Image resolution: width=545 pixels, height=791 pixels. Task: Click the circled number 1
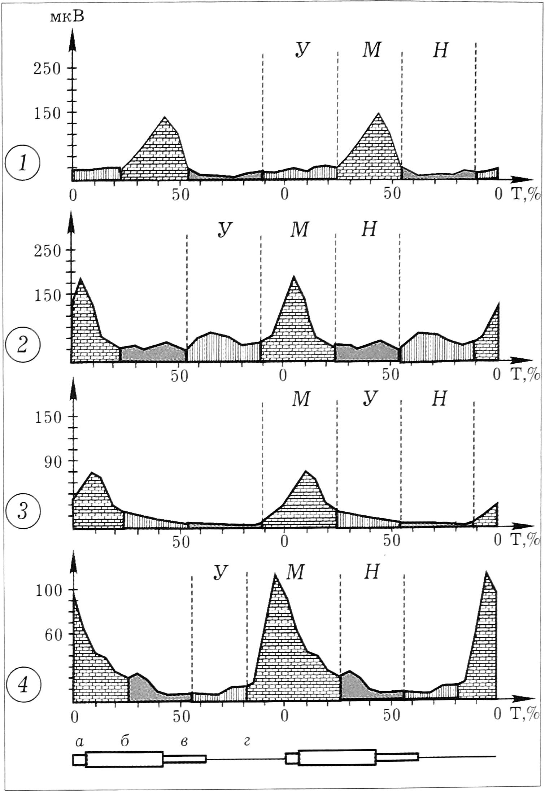[22, 165]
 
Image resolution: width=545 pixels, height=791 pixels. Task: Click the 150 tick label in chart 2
[47, 295]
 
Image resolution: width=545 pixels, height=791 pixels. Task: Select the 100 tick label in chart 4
[49, 591]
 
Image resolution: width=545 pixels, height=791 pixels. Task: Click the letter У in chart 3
[370, 399]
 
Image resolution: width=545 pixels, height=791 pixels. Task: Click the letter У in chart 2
[224, 230]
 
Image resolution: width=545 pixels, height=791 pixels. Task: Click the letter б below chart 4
[125, 740]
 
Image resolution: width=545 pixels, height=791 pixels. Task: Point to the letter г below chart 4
[247, 740]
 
